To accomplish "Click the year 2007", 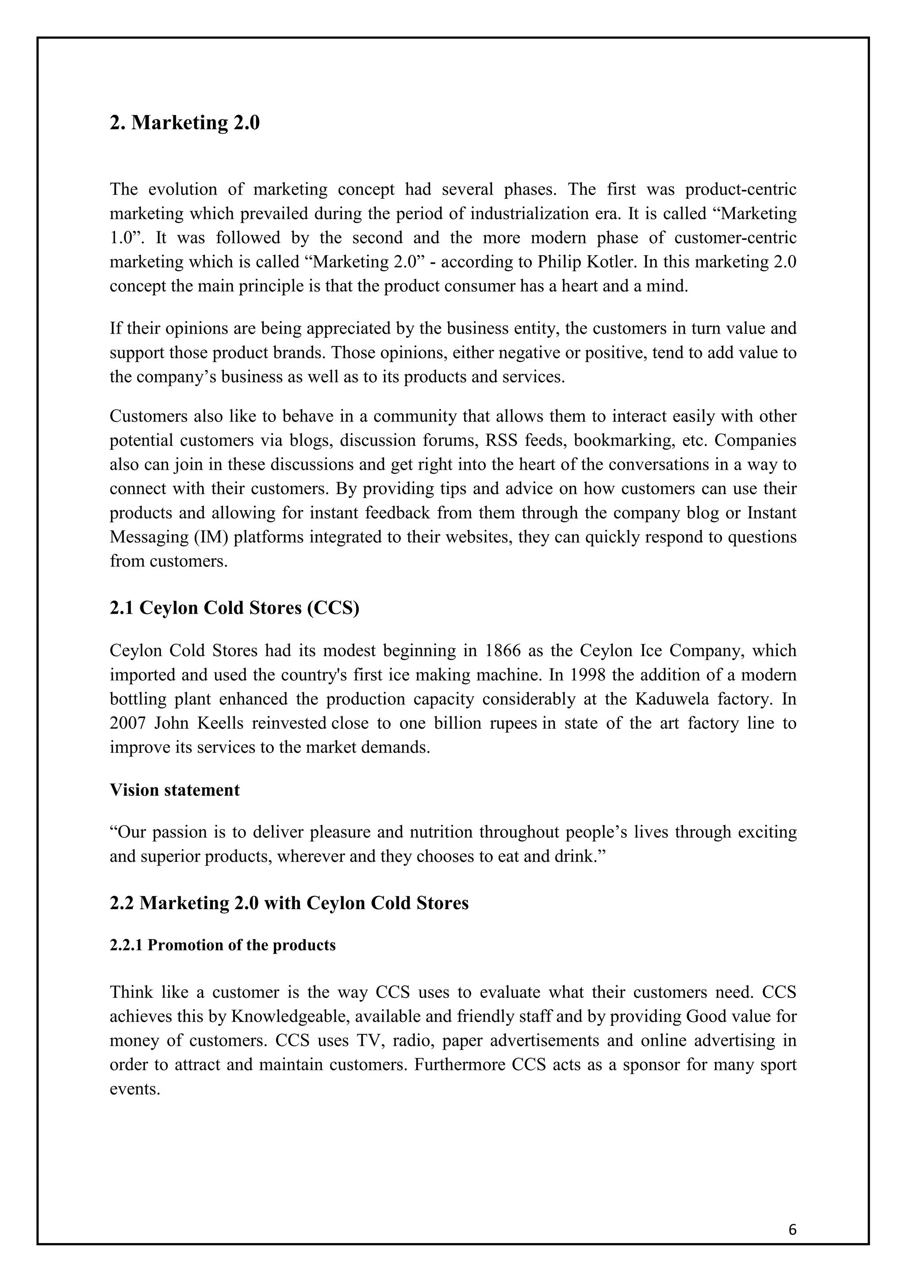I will coord(127,723).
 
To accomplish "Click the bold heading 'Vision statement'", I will coord(175,790).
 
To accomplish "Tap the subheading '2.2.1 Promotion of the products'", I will coord(223,945).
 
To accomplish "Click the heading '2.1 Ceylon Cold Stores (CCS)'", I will coord(234,607).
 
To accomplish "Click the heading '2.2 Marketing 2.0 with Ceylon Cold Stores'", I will coord(289,903).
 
